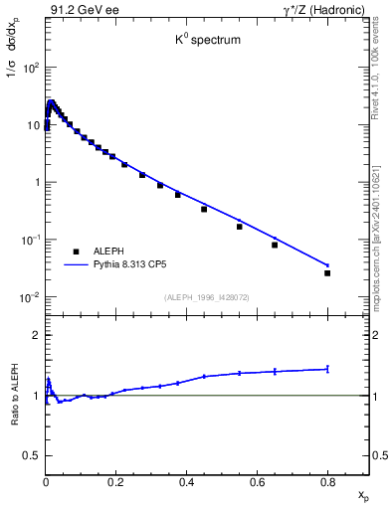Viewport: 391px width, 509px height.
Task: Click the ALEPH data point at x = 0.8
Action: (327, 272)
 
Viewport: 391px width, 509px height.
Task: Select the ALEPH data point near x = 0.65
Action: (275, 245)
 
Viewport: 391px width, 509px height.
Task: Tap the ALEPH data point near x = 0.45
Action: (204, 209)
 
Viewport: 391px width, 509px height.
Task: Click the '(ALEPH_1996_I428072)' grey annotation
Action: (206, 297)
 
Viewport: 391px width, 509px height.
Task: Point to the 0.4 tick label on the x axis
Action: (187, 483)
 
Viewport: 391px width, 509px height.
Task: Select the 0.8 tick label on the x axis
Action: (327, 483)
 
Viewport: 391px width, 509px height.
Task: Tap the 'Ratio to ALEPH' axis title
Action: (14, 396)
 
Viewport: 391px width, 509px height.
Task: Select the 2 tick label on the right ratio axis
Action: (377, 335)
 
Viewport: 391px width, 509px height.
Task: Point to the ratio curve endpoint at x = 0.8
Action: (327, 369)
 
